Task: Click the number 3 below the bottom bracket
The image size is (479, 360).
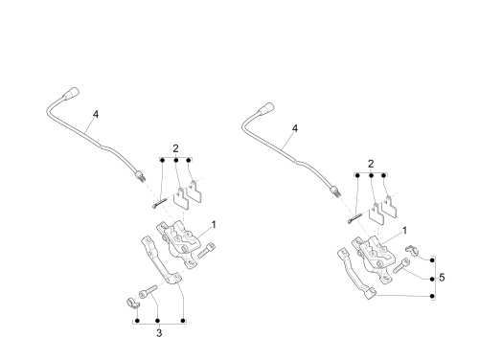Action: [159, 333]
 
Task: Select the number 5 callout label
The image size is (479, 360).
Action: [442, 278]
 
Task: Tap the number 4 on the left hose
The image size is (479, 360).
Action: [96, 114]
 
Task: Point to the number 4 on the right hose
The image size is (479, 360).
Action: [295, 128]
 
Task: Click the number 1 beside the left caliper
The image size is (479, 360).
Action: [214, 225]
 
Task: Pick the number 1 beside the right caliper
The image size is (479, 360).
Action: [404, 231]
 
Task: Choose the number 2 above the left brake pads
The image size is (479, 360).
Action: [175, 148]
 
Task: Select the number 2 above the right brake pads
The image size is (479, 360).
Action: [371, 164]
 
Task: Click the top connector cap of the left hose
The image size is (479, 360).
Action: [71, 93]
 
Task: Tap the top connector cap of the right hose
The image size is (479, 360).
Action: [266, 108]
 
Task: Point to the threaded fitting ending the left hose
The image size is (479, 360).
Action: [140, 176]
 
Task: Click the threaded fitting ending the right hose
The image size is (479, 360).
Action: [335, 191]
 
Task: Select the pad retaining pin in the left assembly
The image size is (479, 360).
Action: [159, 203]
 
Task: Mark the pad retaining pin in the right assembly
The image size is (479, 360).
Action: [354, 218]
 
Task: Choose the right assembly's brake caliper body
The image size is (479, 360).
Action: [375, 259]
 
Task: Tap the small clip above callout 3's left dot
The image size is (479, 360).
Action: [132, 303]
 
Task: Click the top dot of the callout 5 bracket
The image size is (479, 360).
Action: [432, 260]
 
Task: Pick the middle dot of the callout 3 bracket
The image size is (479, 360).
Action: [157, 321]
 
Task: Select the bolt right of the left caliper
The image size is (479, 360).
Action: [206, 250]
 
